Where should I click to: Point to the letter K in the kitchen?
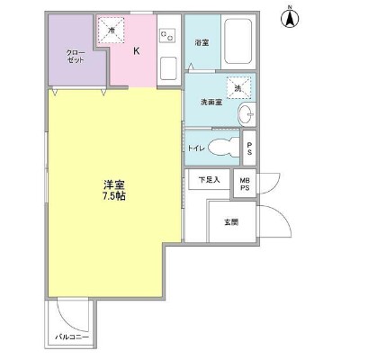point(137,51)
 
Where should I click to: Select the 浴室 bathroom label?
point(202,42)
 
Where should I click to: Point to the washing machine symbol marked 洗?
point(238,87)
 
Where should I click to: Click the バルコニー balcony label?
point(71,335)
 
